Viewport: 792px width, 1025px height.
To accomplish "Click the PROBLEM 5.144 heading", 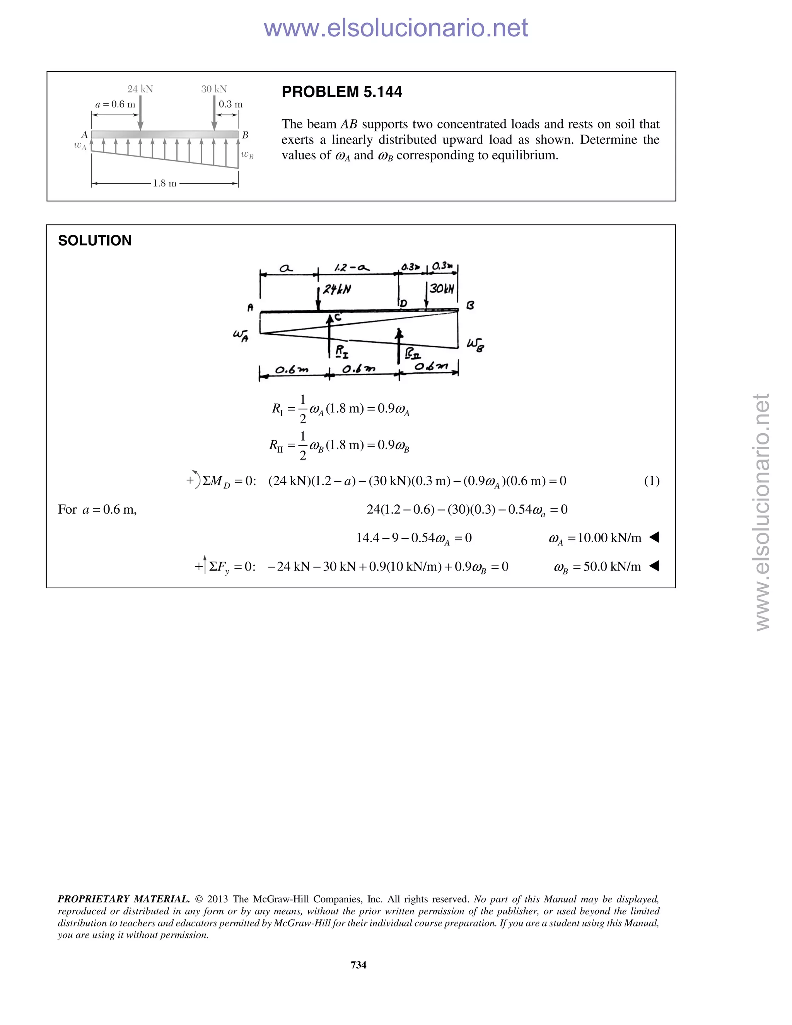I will tap(341, 92).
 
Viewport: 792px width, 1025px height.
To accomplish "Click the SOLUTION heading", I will tap(95, 241).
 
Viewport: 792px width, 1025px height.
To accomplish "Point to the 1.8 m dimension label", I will tap(165, 183).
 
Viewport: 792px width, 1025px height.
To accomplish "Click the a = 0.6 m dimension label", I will tap(115, 104).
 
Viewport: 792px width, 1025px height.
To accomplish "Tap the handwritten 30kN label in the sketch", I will tap(442, 288).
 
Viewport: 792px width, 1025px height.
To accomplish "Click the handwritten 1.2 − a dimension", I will tap(352, 268).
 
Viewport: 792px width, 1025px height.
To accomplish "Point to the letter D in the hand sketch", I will tap(403, 304).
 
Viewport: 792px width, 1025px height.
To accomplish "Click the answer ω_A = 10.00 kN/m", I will tap(594, 538).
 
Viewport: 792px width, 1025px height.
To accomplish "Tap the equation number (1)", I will tap(651, 481).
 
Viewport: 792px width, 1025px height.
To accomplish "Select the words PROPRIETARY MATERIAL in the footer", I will tap(123, 899).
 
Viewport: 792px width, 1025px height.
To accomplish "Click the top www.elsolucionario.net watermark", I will tap(396, 28).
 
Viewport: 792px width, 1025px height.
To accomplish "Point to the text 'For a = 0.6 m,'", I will tap(97, 510).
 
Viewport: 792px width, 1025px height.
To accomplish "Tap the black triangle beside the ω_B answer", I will tap(654, 567).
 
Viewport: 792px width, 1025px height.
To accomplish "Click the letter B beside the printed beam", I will tap(245, 135).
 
